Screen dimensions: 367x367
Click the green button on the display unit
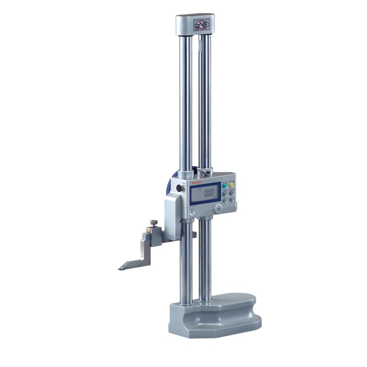225,185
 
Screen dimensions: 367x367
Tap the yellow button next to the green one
232,185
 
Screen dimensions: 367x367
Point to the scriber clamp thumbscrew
153,223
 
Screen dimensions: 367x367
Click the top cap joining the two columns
195,25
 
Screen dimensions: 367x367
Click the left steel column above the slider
186,101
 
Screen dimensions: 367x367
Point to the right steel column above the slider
205,101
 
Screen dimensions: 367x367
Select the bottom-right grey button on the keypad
232,200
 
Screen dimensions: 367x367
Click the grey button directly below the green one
225,193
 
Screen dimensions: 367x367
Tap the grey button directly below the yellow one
232,193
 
